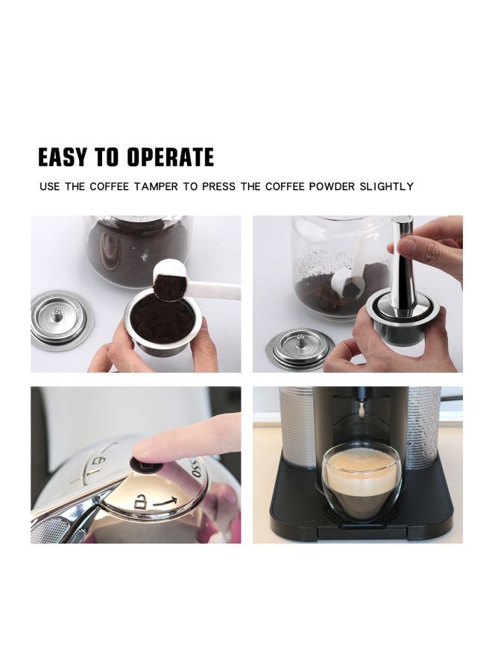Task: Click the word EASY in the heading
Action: [63, 157]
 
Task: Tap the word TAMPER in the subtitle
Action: [156, 186]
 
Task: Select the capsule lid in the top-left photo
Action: [61, 320]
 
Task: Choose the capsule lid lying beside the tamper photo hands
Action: [298, 349]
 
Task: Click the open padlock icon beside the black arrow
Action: [138, 504]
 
